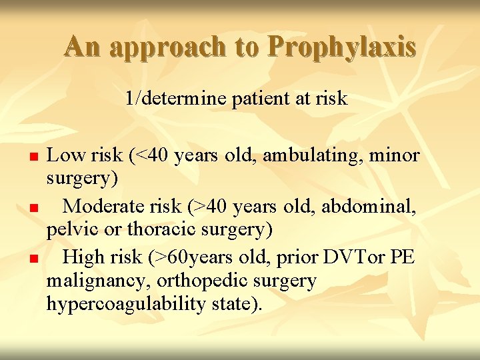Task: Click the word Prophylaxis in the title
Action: click(342, 46)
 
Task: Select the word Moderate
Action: click(106, 206)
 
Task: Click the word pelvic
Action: click(69, 230)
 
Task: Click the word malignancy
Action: click(94, 281)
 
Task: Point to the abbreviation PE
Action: click(402, 257)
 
